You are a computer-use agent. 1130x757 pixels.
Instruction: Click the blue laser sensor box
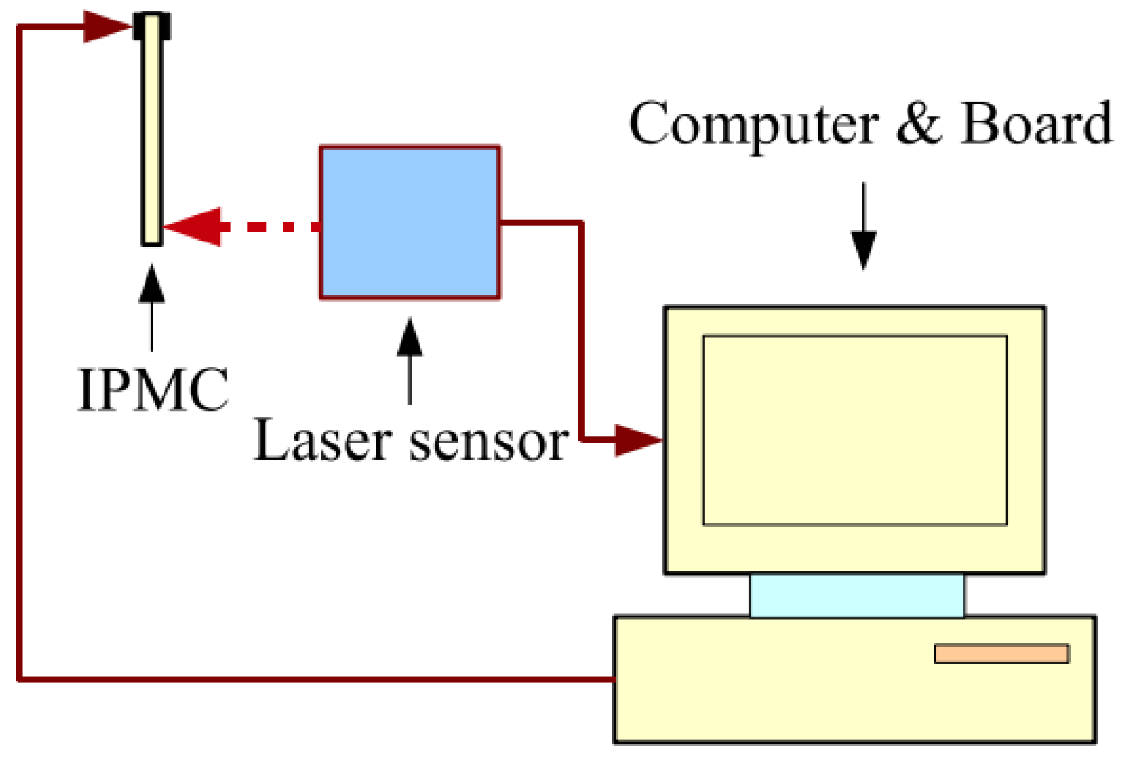[x=410, y=222]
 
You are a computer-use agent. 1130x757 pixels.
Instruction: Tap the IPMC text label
[x=152, y=390]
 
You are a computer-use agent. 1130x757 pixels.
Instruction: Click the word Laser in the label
[x=322, y=441]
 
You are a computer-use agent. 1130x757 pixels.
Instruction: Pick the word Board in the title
[x=1036, y=123]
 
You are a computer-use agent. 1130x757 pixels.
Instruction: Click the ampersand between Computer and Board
[x=919, y=123]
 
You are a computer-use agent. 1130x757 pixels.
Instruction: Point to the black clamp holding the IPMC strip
[x=152, y=26]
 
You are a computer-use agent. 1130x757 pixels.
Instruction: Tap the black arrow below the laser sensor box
[x=410, y=360]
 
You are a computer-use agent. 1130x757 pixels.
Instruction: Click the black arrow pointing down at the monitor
[x=863, y=227]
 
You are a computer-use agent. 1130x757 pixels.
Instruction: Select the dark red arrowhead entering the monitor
[x=638, y=439]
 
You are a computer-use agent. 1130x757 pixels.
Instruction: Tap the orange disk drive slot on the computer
[x=1001, y=653]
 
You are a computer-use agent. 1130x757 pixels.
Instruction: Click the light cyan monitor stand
[x=857, y=595]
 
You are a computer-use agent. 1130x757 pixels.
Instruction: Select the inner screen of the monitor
[x=854, y=430]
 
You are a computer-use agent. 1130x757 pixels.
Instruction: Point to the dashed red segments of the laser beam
[x=271, y=227]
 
